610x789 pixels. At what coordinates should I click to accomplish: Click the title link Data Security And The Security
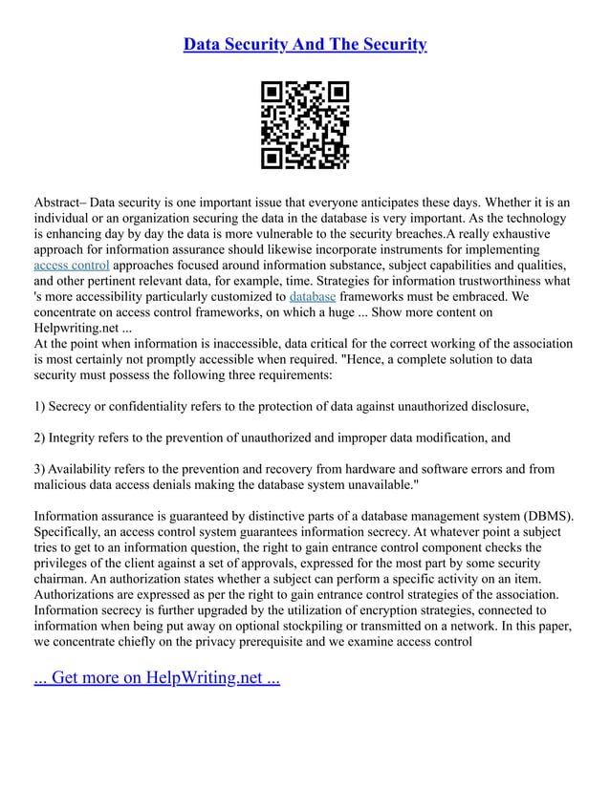[305, 45]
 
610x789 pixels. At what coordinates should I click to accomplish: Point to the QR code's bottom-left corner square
[272, 159]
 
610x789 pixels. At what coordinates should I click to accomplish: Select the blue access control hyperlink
[72, 265]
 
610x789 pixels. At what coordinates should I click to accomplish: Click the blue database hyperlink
[312, 297]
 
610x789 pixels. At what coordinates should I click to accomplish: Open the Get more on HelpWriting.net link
[157, 678]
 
